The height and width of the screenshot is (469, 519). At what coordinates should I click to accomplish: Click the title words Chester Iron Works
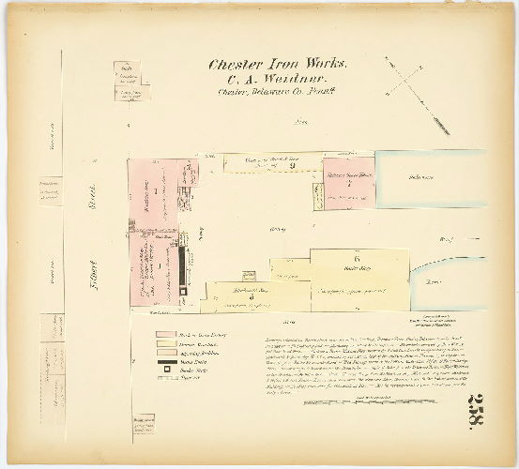click(278, 65)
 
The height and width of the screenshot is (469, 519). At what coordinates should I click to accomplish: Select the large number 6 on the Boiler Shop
click(358, 257)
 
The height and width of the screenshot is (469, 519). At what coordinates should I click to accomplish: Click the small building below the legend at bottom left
click(144, 426)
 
